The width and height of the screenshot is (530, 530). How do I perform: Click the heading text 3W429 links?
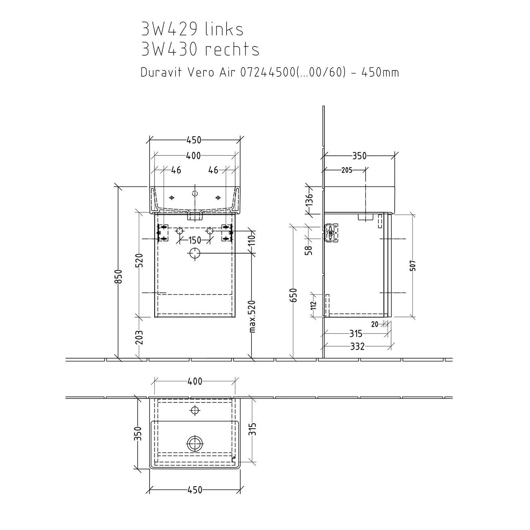point(192,29)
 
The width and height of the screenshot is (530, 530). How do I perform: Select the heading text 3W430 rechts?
point(200,49)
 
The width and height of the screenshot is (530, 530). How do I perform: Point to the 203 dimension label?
point(139,337)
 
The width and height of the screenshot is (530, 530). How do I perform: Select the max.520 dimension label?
point(252,317)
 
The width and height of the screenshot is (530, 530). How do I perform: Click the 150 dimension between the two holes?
point(195,240)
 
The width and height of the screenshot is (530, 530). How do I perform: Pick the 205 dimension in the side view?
point(347,170)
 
